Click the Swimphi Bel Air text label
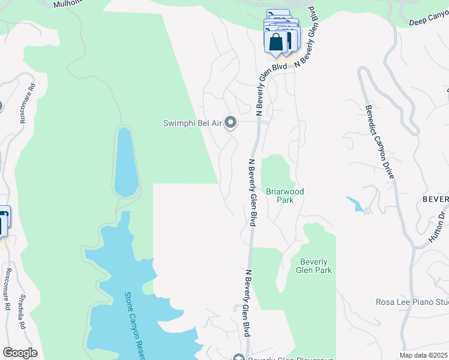(x=193, y=123)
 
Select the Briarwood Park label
(x=285, y=196)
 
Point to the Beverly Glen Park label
(x=313, y=266)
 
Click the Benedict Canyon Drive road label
(x=379, y=142)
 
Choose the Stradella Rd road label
(x=22, y=318)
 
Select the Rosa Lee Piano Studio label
(x=412, y=302)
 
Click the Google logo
(x=19, y=353)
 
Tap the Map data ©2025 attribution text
(x=424, y=355)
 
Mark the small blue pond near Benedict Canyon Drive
(x=357, y=205)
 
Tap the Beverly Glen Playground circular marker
(x=238, y=357)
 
